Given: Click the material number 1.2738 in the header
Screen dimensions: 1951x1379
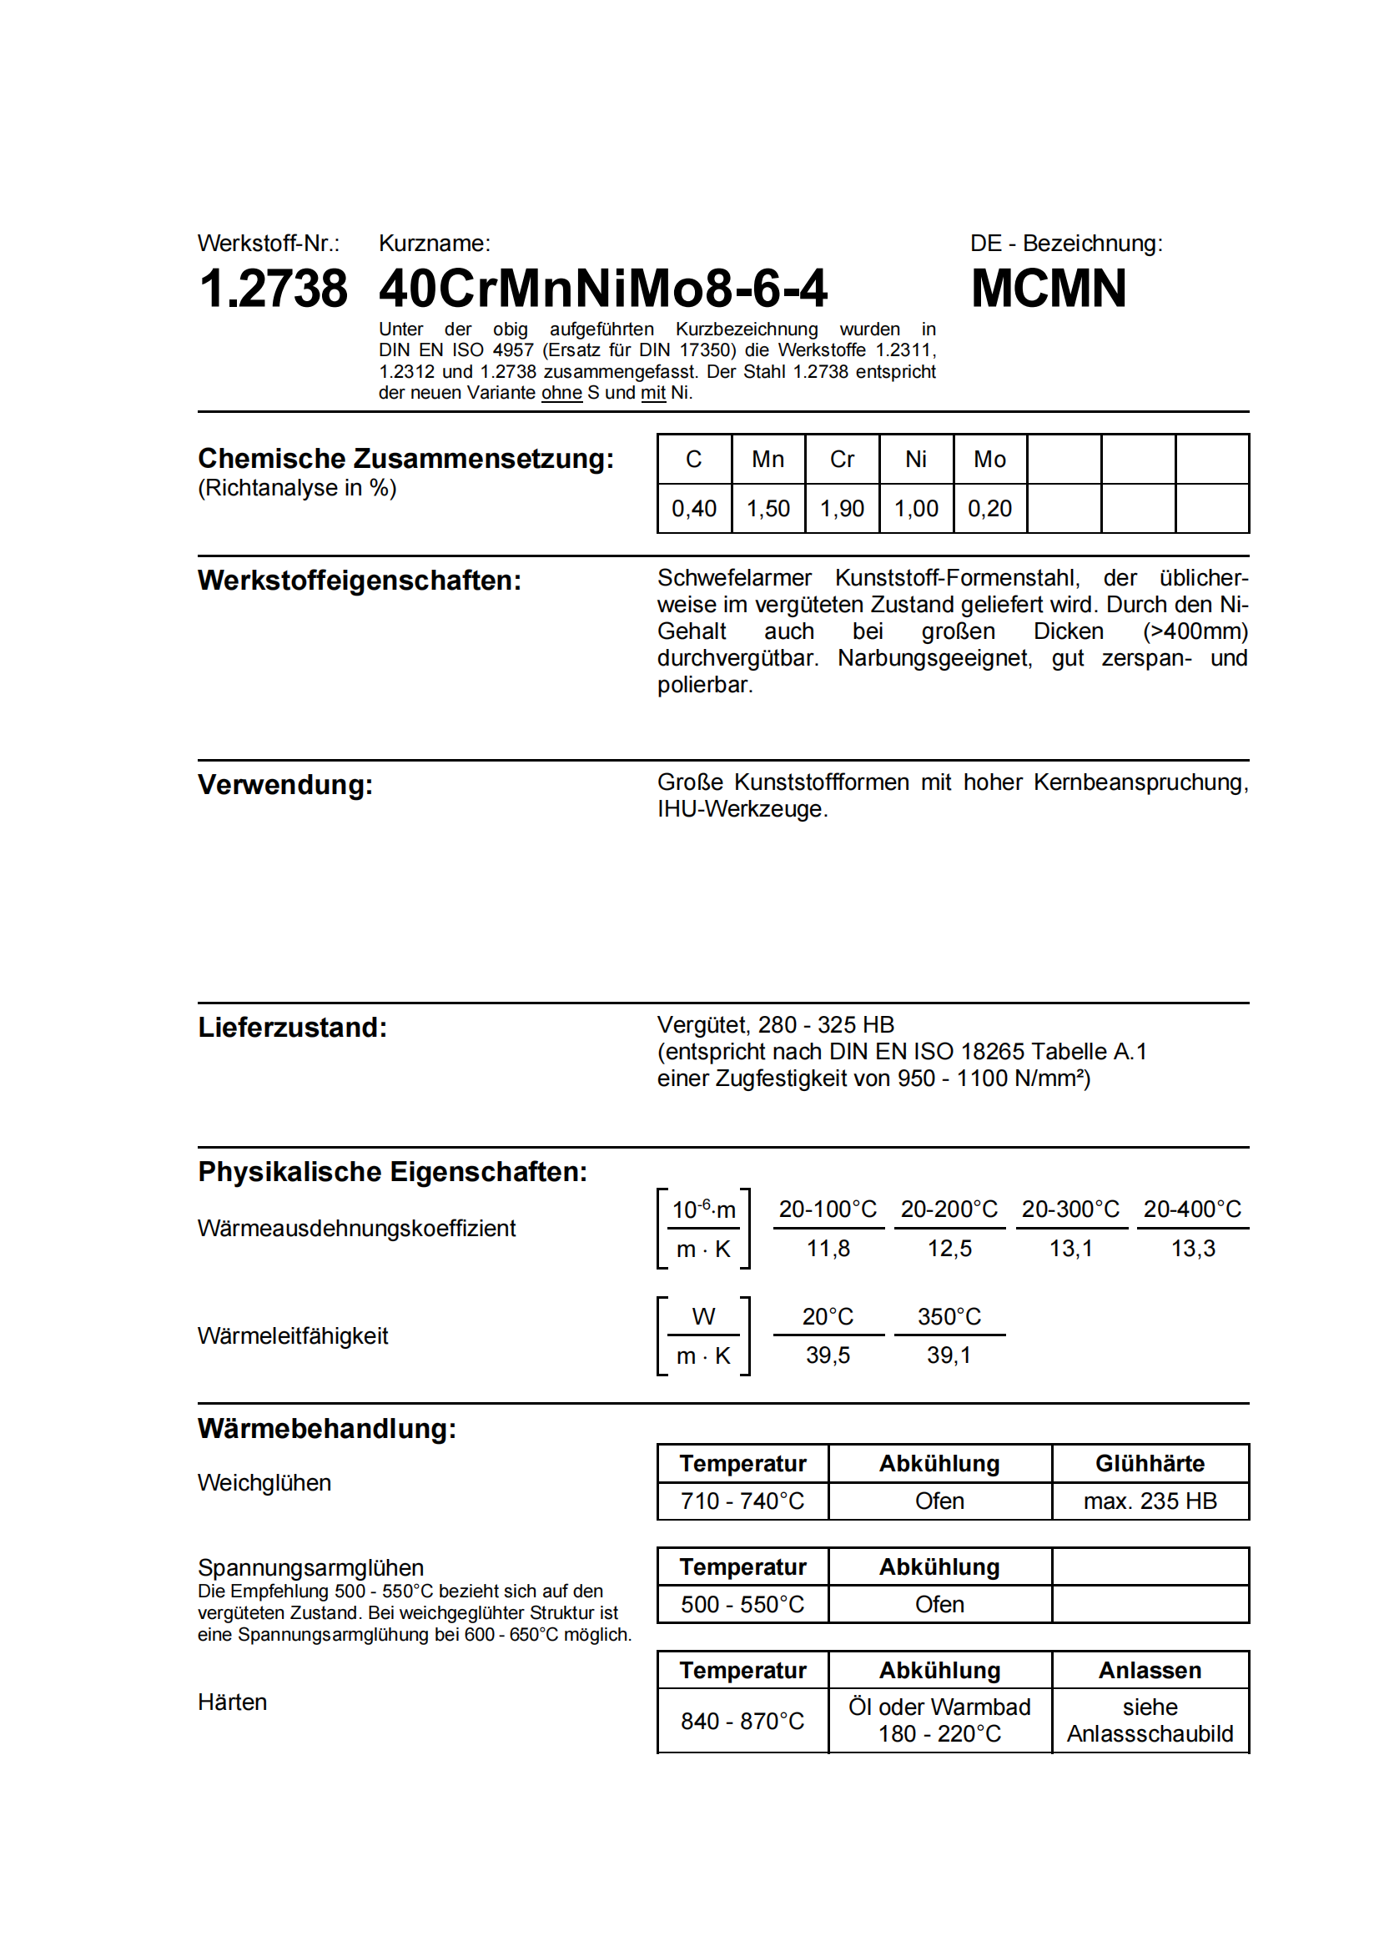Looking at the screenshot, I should tap(273, 289).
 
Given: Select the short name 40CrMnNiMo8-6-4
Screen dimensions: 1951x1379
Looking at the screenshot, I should tap(602, 289).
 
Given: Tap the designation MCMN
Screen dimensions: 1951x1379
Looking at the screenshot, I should tap(1049, 289).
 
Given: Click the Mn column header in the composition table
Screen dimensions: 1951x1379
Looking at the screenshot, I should tap(768, 460).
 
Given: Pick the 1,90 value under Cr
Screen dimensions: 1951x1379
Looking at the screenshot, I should tap(841, 509).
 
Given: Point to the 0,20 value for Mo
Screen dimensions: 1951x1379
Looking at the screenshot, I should tap(989, 509).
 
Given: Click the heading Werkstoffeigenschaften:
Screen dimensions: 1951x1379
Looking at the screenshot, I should tap(360, 581).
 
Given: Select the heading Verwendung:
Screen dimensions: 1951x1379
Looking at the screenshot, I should tap(284, 785).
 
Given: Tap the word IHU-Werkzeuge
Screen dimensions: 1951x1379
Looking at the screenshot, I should tap(741, 809).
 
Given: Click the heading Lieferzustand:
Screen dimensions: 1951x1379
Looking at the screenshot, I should tap(292, 1028).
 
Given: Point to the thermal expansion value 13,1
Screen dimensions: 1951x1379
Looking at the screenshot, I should tap(1070, 1249).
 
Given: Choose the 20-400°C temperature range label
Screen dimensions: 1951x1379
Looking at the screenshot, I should tap(1192, 1209).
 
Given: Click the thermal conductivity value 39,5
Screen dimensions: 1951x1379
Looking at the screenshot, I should tap(828, 1355).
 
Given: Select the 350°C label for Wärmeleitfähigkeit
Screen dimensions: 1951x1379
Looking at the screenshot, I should tap(949, 1317).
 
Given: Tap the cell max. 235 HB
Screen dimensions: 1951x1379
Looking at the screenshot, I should tap(1150, 1501).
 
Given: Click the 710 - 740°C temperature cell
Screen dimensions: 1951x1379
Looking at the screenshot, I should tap(742, 1501).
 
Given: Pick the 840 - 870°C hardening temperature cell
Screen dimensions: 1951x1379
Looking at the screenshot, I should tap(742, 1722).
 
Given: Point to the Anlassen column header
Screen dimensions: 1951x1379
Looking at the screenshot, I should tap(1150, 1671).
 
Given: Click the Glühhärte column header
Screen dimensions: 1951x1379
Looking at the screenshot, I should tap(1150, 1464).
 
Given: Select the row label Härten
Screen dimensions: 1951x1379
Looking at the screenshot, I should tap(232, 1703).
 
